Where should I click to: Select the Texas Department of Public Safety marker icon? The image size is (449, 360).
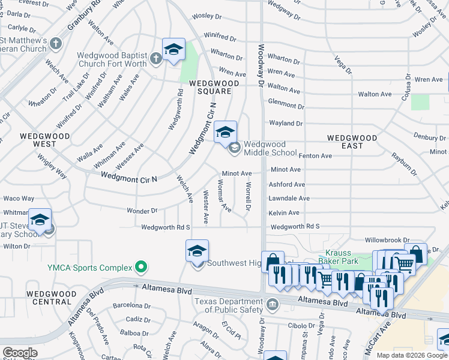(x=273, y=303)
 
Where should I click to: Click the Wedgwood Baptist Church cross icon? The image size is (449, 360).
(x=156, y=58)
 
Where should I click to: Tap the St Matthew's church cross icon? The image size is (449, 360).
(x=56, y=43)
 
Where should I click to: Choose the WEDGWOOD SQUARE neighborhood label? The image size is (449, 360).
(x=210, y=87)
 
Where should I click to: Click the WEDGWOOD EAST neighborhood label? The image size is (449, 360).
(x=352, y=142)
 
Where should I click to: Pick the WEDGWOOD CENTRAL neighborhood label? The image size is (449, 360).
(x=51, y=298)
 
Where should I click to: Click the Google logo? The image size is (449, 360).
(x=20, y=353)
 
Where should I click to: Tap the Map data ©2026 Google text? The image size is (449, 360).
(x=412, y=355)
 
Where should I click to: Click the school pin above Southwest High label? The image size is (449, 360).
(x=197, y=251)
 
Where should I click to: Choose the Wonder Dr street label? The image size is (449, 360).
(x=142, y=211)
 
